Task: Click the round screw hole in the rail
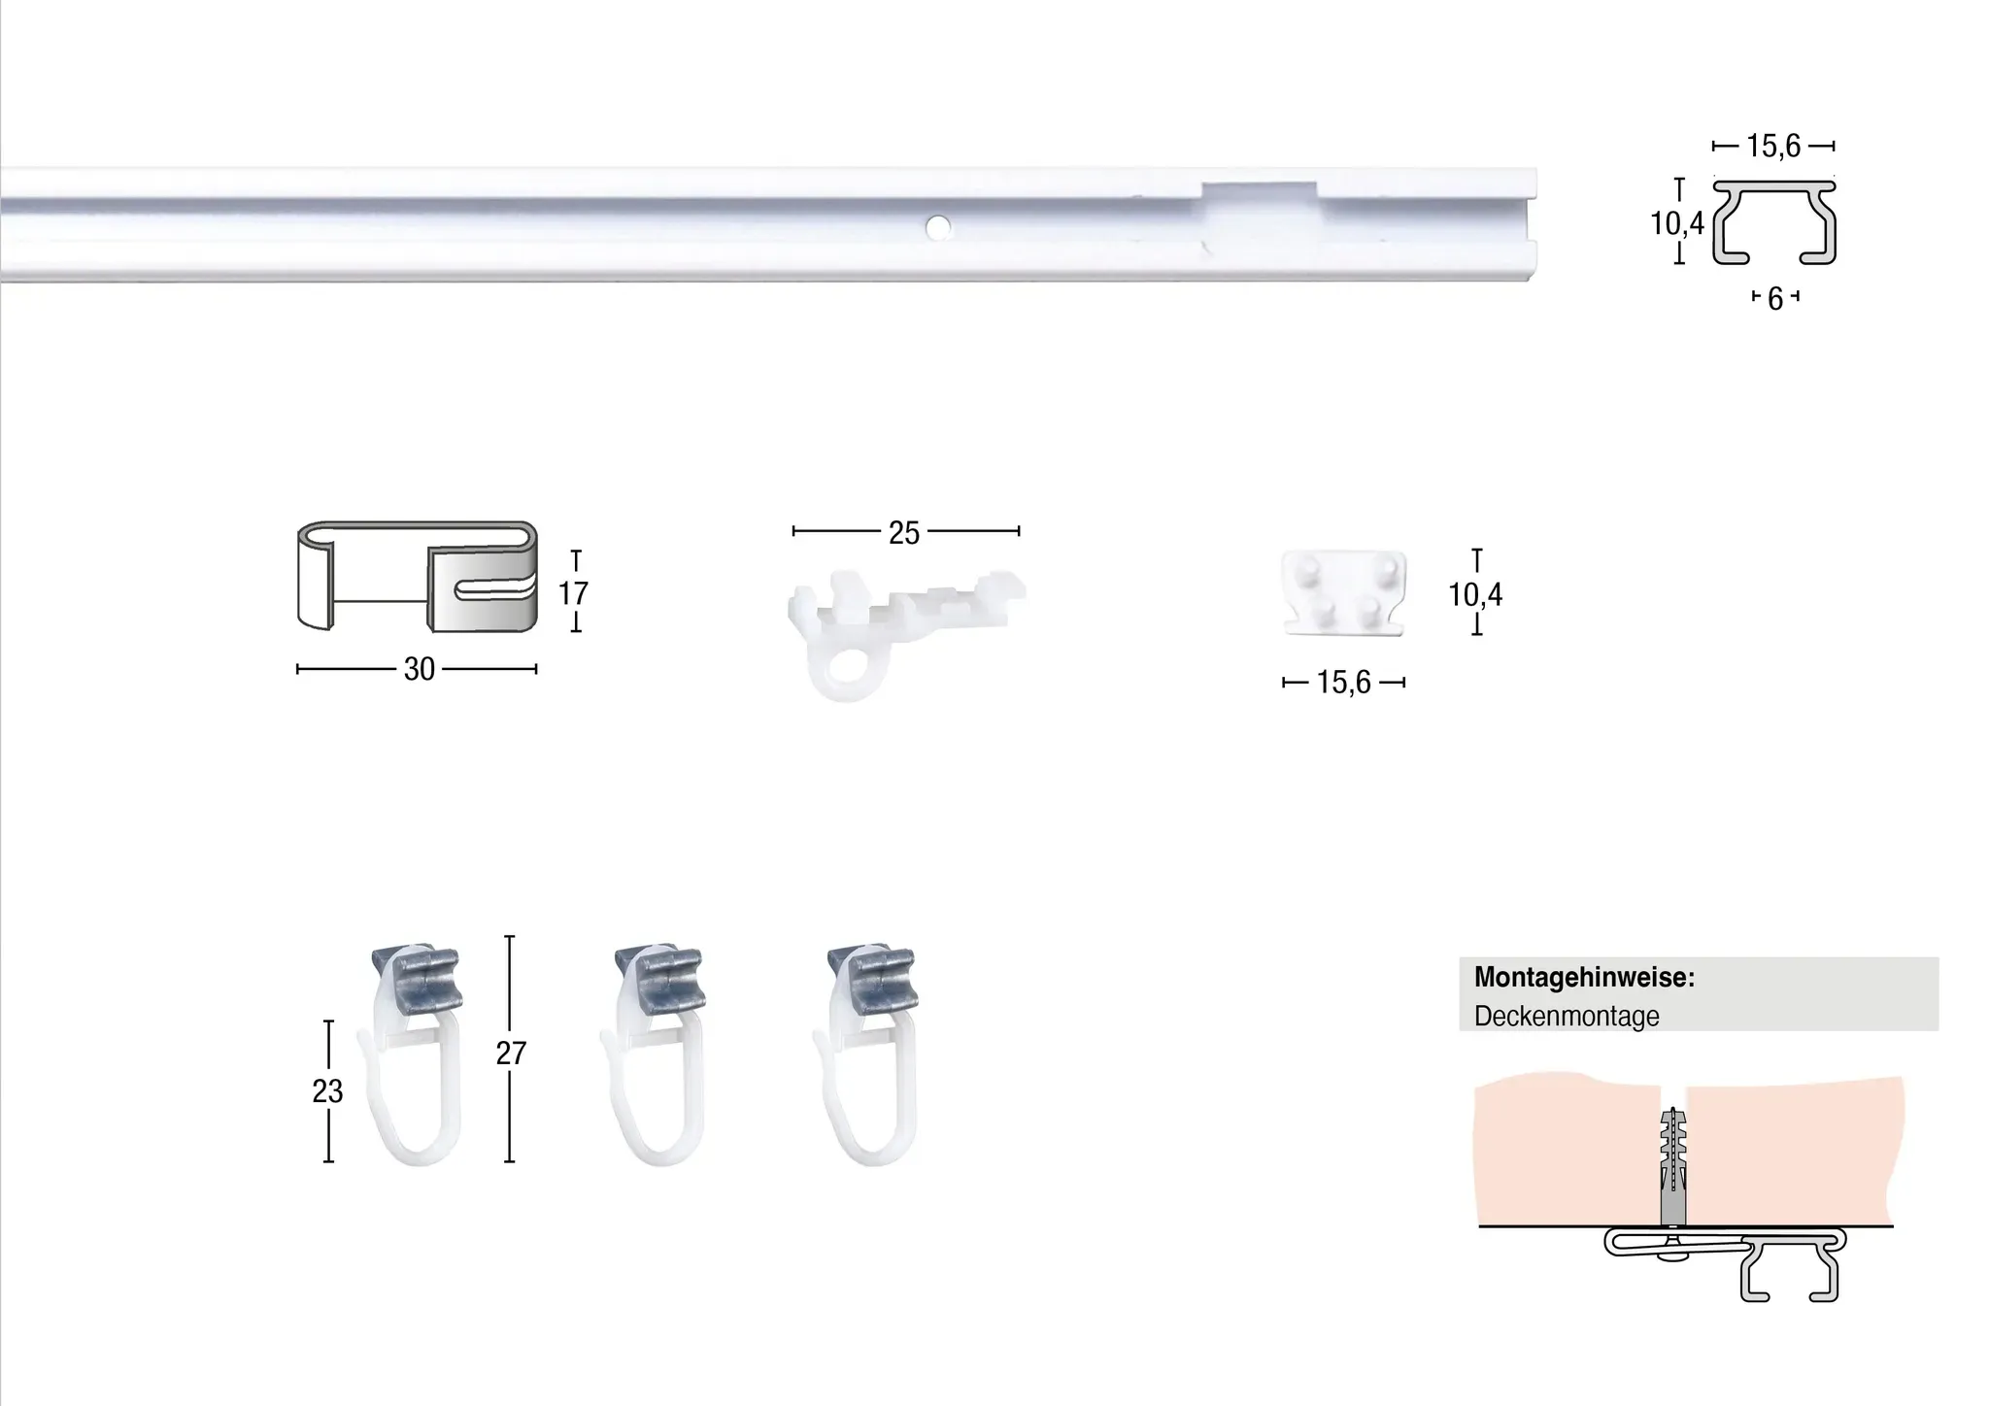pos(937,228)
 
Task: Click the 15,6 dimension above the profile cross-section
pos(1773,147)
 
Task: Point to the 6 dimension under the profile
pos(1775,299)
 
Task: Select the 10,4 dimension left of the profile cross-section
pos(1677,223)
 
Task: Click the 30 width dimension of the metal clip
pos(419,669)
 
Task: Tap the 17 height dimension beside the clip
pos(573,592)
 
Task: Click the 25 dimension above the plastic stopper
pos(903,532)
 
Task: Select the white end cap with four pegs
pos(1345,593)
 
